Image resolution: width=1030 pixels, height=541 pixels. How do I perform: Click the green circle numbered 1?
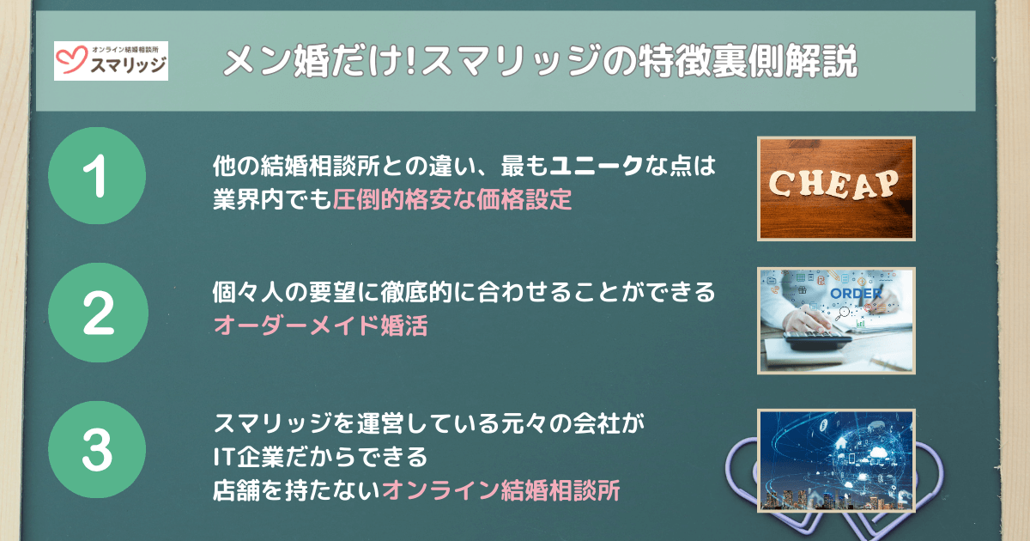coord(97,176)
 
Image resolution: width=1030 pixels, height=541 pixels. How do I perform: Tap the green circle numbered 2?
coord(98,313)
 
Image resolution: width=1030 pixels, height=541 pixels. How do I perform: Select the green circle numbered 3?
coord(97,449)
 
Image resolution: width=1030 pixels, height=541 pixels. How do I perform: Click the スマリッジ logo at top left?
coord(111,61)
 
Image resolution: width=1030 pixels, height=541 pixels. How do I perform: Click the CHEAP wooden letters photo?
coord(836,189)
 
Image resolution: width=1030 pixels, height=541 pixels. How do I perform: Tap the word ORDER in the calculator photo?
coord(856,294)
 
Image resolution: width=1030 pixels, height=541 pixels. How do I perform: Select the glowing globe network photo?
coord(836,460)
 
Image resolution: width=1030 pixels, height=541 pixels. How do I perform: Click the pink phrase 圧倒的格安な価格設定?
coord(452,199)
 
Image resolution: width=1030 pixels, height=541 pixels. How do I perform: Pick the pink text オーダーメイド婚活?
coord(320,325)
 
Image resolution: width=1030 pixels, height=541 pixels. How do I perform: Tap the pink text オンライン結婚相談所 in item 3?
coord(501,490)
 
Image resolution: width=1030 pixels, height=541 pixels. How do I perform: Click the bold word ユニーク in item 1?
coord(596,166)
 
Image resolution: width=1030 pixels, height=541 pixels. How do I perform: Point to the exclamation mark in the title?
coord(411,60)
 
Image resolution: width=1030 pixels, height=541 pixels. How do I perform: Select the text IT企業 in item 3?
coord(248,457)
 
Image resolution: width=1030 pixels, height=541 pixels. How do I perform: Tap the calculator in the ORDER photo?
coord(817,341)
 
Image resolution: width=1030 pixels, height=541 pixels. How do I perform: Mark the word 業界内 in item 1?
coord(248,199)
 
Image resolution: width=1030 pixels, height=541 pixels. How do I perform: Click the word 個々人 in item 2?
coord(248,292)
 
